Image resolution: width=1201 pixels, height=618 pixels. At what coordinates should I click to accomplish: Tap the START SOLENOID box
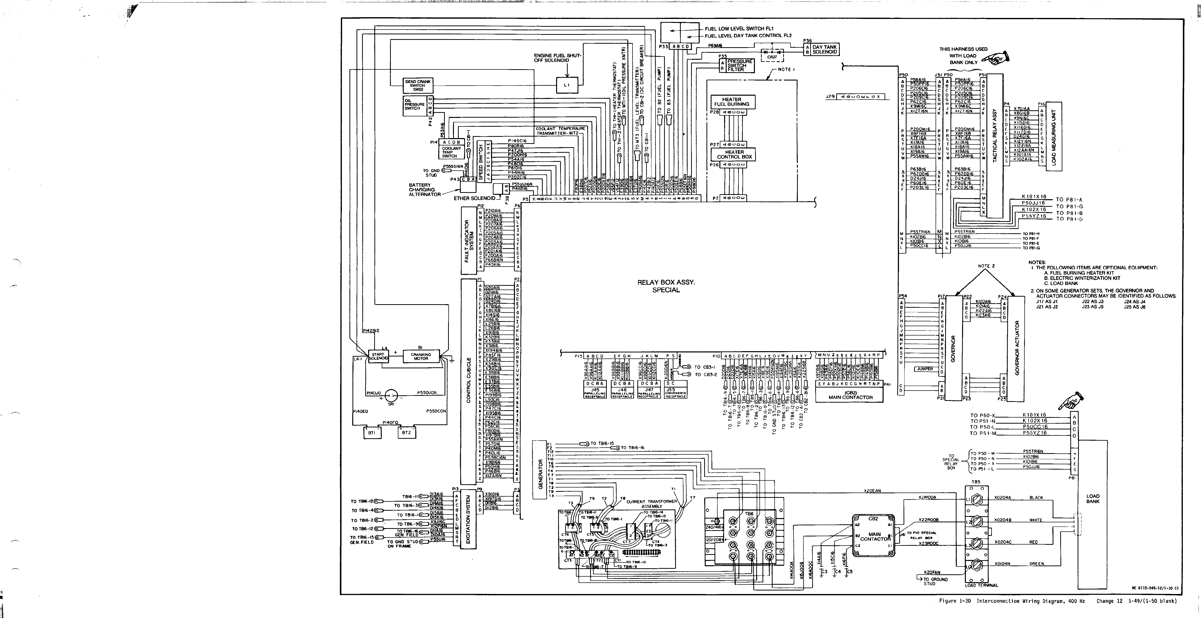pos(378,356)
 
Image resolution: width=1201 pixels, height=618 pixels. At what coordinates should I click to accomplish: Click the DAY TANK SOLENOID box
pos(824,49)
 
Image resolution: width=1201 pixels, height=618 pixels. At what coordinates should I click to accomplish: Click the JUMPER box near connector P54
pos(924,369)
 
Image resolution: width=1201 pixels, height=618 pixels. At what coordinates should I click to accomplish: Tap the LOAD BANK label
pos(1093,499)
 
